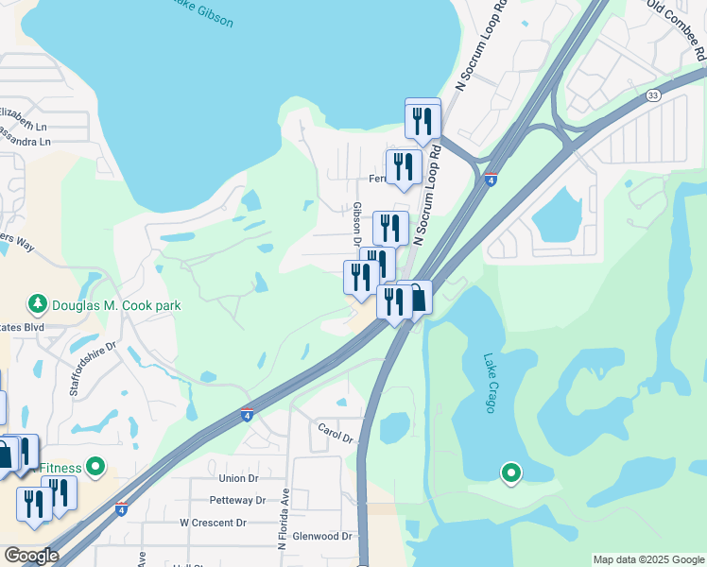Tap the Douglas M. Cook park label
[x=116, y=305]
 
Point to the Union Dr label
[x=238, y=479]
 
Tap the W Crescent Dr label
[x=213, y=523]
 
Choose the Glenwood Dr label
[x=323, y=536]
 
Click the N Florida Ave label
[x=282, y=521]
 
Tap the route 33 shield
[x=653, y=95]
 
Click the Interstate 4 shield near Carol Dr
[x=247, y=414]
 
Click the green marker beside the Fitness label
[x=95, y=466]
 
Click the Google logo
[x=30, y=556]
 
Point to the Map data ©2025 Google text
[x=648, y=559]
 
